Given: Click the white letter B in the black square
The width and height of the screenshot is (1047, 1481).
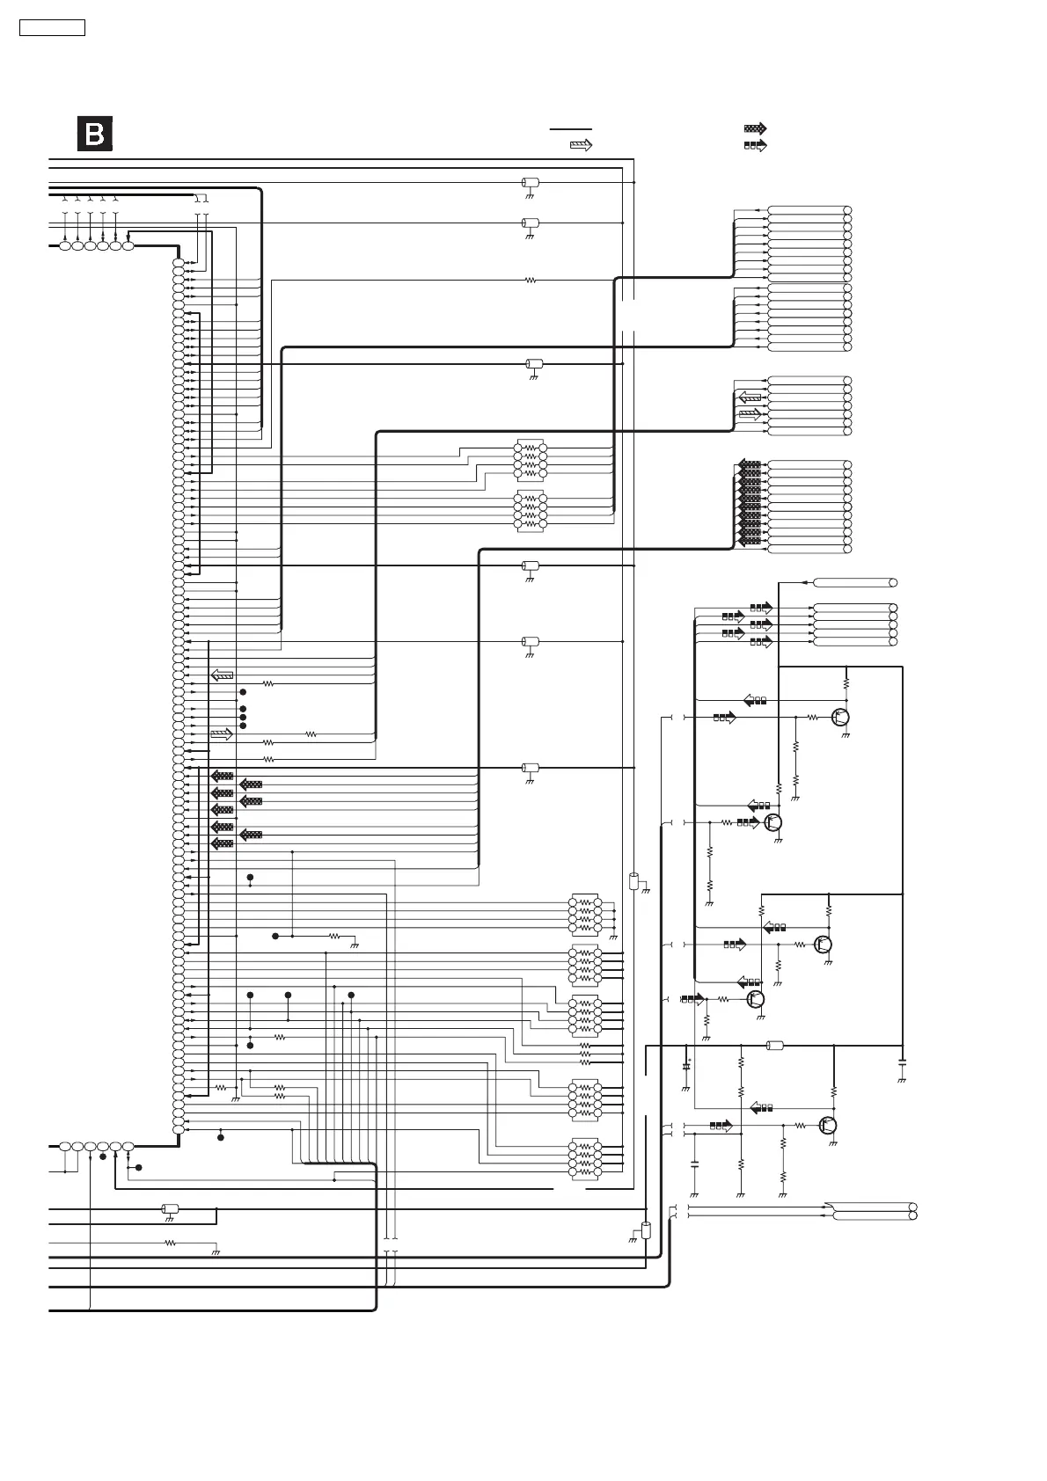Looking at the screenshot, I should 94,135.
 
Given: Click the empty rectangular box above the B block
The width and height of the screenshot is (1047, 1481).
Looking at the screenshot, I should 53,28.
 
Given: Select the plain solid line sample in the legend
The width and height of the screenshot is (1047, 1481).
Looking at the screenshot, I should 570,129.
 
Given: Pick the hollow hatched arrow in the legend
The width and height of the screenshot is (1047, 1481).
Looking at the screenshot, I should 581,146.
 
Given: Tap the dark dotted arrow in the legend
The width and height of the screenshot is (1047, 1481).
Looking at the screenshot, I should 755,128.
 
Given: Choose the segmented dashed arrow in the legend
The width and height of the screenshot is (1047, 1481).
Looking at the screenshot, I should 755,145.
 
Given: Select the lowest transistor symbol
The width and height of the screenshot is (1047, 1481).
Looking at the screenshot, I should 828,1125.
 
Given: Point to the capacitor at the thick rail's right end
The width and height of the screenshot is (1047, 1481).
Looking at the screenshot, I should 902,1065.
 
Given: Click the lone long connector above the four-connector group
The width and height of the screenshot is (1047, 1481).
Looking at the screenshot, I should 853,582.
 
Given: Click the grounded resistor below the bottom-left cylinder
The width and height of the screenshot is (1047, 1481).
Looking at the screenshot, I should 171,1244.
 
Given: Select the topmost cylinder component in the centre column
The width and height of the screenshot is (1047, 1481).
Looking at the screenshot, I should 530,183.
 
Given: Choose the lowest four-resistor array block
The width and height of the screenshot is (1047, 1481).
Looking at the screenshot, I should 584,1159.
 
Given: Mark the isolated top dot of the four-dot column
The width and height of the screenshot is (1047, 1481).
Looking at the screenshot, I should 243,693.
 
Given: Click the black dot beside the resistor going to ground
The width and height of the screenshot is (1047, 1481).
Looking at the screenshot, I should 275,937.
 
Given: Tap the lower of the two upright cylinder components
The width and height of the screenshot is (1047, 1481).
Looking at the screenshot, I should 646,1230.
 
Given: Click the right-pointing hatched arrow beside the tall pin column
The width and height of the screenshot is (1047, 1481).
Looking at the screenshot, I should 222,734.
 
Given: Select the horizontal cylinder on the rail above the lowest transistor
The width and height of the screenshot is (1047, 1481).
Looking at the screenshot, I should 775,1046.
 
